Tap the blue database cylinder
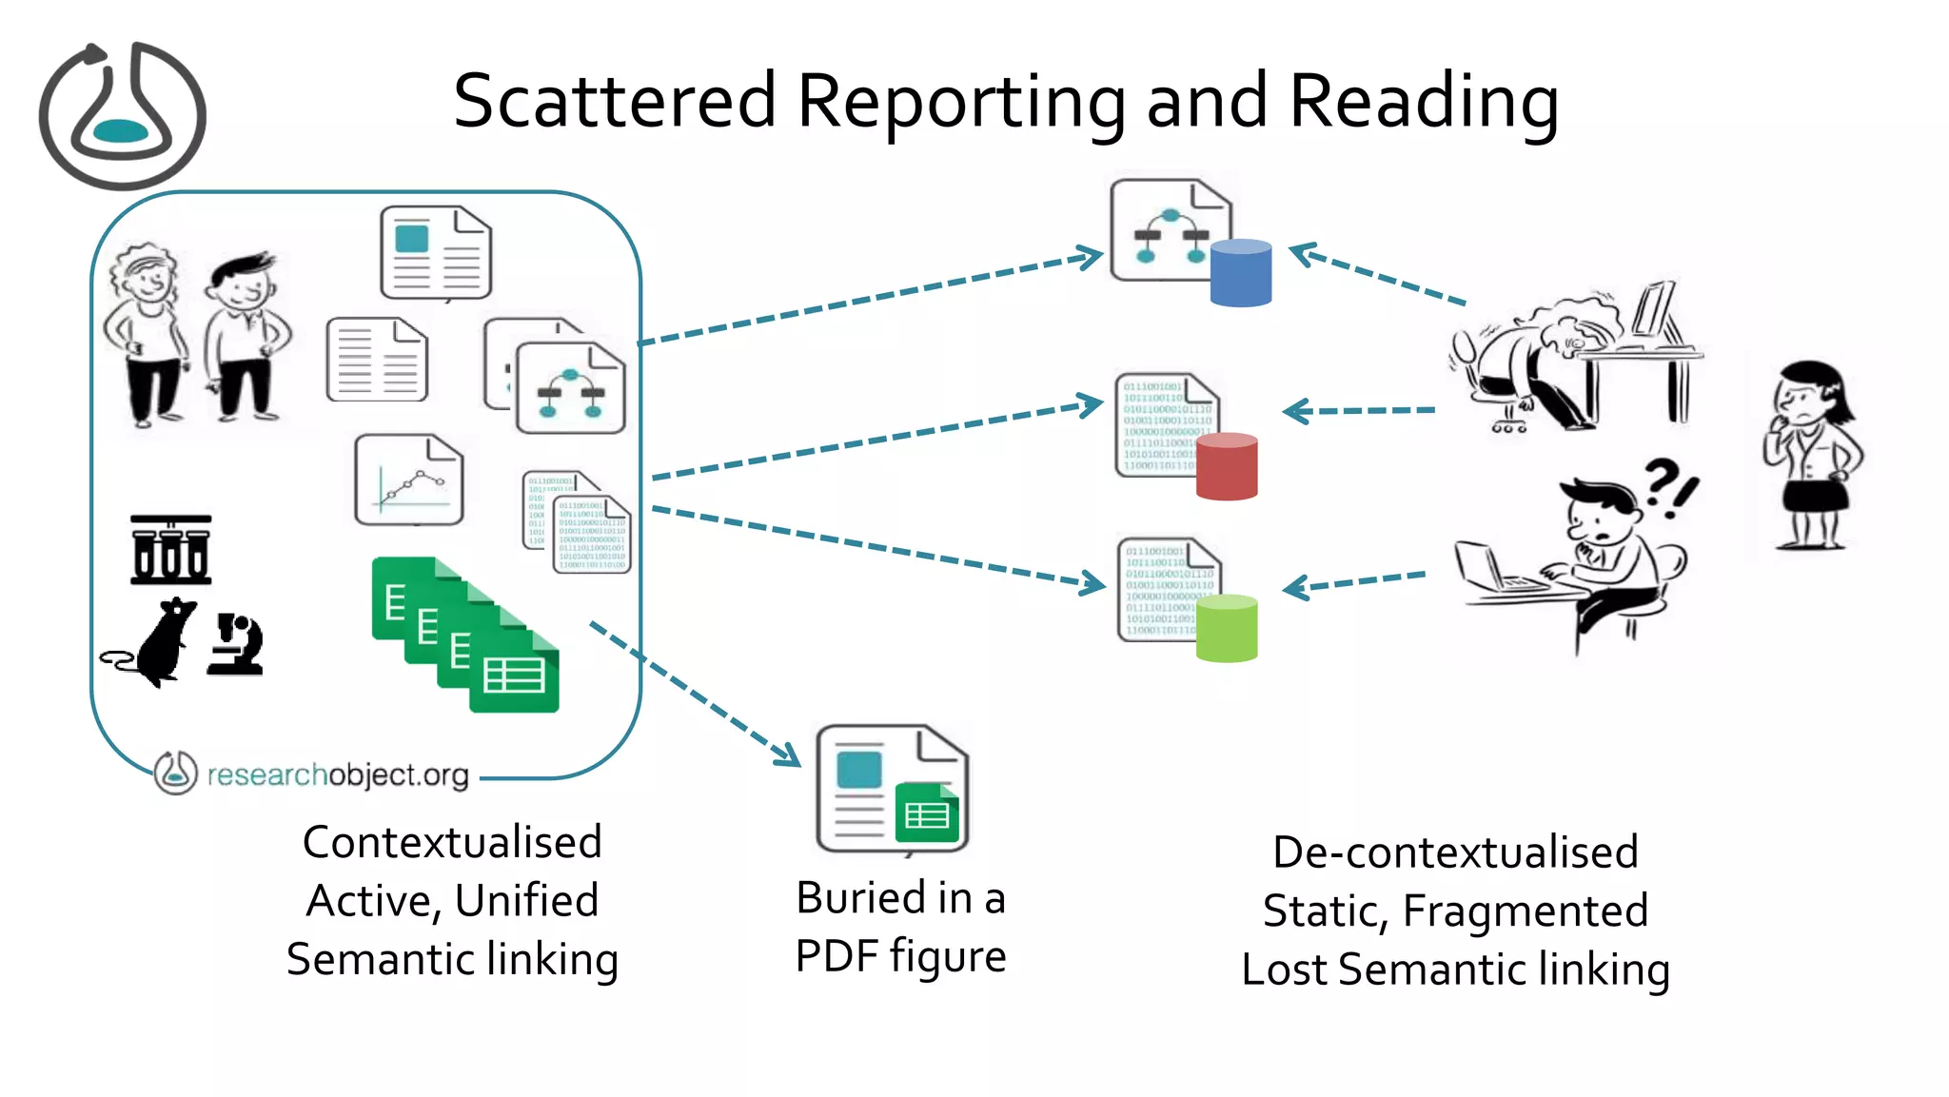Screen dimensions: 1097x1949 click(x=1240, y=273)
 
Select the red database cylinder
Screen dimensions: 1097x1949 click(x=1226, y=466)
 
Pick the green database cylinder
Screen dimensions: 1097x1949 click(x=1226, y=628)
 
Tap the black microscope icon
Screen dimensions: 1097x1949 click(x=235, y=644)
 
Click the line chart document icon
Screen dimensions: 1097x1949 click(x=409, y=480)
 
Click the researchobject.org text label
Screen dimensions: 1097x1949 click(x=338, y=774)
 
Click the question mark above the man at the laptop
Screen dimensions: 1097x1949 click(x=1662, y=481)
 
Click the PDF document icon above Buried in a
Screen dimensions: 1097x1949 click(x=892, y=789)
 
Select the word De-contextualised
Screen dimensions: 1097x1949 click(x=1455, y=852)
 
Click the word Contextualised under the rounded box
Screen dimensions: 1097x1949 click(x=452, y=842)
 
